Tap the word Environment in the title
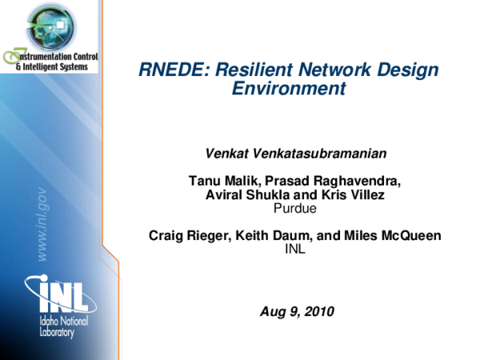pos(288,89)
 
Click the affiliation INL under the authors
pos(295,249)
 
